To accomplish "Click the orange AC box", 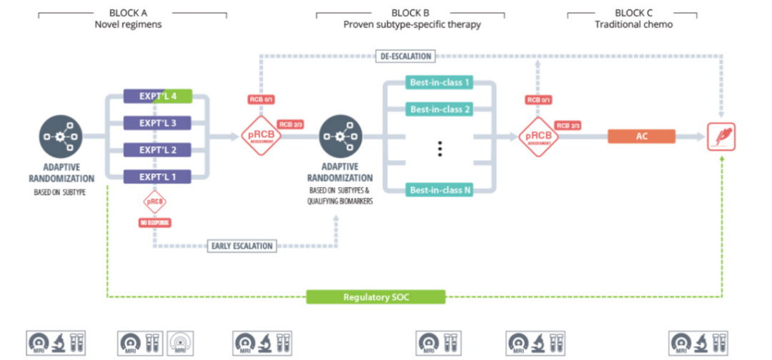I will click(641, 136).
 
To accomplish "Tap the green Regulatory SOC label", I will click(376, 296).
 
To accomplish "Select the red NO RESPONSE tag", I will click(154, 222).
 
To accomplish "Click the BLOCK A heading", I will click(129, 13).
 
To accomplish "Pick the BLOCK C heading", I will click(633, 13).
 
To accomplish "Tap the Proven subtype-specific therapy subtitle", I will click(412, 25).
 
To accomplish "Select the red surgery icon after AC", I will click(721, 136).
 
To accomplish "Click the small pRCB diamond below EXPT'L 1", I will click(154, 201).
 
